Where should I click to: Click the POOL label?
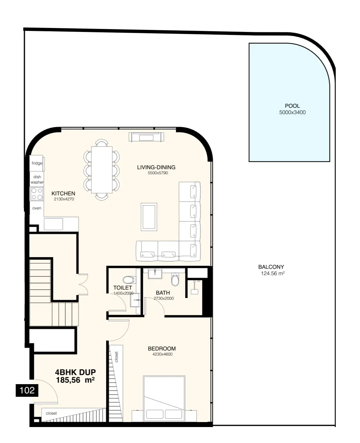pos(292,106)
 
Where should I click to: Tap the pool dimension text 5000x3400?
pos(292,112)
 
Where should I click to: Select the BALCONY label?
pos(271,267)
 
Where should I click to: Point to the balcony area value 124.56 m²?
pos(273,273)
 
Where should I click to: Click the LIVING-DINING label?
pos(156,167)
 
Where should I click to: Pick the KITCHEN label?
pos(63,194)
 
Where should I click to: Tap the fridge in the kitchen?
pos(37,163)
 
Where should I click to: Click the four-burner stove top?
pos(37,194)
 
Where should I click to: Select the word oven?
pos(37,208)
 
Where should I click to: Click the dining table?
pos(102,170)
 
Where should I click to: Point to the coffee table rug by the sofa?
pos(149,217)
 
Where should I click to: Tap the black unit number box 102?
pos(27,390)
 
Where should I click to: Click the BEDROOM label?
pos(162,349)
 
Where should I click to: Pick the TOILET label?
pos(123,288)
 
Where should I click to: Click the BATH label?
pos(163,293)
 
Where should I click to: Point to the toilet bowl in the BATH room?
pos(175,279)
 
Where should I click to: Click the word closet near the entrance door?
pos(51,413)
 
